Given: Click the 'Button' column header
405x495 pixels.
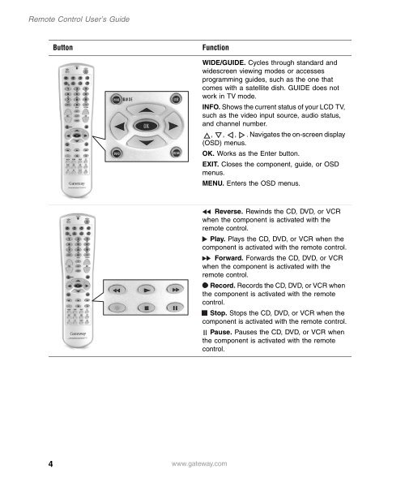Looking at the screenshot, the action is tap(65, 49).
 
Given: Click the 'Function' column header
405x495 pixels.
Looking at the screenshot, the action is tap(220, 49).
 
